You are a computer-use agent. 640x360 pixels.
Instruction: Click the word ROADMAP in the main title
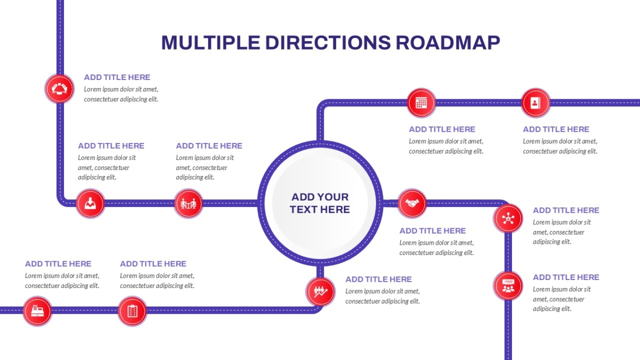pos(447,43)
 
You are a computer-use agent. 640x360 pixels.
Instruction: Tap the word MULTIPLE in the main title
pos(211,43)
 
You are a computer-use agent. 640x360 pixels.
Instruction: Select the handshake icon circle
pos(412,203)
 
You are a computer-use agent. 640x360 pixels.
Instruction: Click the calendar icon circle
pos(421,103)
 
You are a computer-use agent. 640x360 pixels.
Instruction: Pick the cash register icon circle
pos(37,311)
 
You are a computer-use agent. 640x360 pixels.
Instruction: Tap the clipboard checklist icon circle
pos(132,311)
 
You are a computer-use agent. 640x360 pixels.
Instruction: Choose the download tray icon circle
pos(90,203)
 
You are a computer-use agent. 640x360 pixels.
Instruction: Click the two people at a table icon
pos(188,203)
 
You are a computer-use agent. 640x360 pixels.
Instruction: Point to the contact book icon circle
pos(535,103)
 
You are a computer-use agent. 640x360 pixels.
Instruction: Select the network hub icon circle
pos(508,219)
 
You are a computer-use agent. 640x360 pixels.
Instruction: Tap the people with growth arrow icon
pos(321,291)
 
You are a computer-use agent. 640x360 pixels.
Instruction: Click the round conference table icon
pos(59,89)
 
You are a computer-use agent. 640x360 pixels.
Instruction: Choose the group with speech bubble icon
pos(508,286)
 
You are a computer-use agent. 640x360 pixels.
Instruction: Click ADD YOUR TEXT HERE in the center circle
pos(320,203)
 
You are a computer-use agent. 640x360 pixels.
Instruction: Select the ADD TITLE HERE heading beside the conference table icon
pos(117,77)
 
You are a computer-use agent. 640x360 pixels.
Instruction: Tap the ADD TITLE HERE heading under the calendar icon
pos(442,130)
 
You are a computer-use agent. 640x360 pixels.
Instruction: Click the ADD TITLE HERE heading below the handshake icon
pos(433,231)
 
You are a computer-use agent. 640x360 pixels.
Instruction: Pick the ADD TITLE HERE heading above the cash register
pos(58,263)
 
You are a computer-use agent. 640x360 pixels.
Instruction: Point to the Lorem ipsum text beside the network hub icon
pos(562,232)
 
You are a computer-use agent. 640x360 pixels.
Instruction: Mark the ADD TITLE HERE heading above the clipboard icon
pos(153,263)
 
